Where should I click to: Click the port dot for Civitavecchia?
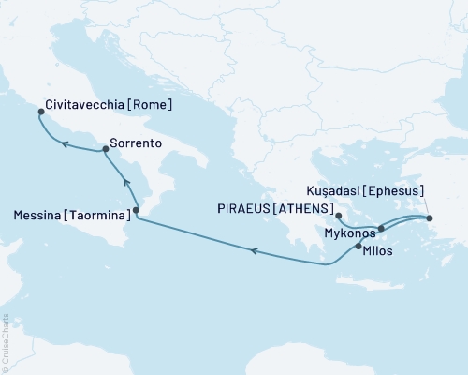tap(40, 112)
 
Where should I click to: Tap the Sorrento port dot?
tap(106, 148)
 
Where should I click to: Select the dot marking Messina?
tap(137, 210)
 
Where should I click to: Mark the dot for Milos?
tap(358, 246)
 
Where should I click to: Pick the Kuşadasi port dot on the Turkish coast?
tap(430, 217)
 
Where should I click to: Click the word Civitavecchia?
tap(85, 106)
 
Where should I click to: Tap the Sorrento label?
tap(137, 143)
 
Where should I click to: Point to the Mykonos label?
tap(350, 232)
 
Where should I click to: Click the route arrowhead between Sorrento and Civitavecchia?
tap(65, 142)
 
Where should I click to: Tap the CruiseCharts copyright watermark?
tap(5, 342)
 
